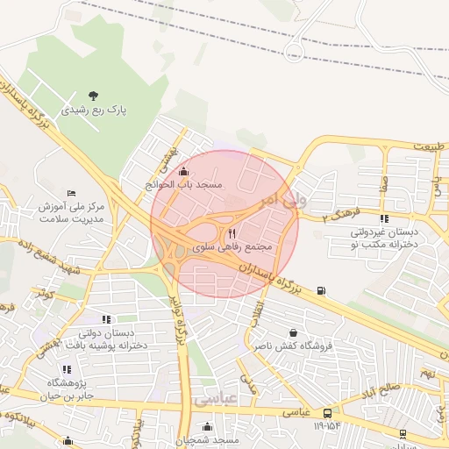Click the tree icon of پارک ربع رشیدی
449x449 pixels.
(x=94, y=96)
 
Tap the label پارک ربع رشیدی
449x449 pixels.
(x=94, y=111)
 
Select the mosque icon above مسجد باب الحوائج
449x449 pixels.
(x=183, y=171)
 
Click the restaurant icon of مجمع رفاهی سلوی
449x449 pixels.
(x=232, y=233)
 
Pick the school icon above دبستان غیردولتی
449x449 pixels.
(x=384, y=219)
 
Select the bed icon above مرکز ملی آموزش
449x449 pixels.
(x=72, y=193)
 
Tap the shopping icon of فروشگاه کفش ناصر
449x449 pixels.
(x=292, y=333)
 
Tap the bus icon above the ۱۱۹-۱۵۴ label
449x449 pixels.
(x=327, y=412)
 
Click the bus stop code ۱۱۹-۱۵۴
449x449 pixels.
(x=326, y=426)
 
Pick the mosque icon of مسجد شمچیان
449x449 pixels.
(x=207, y=427)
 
